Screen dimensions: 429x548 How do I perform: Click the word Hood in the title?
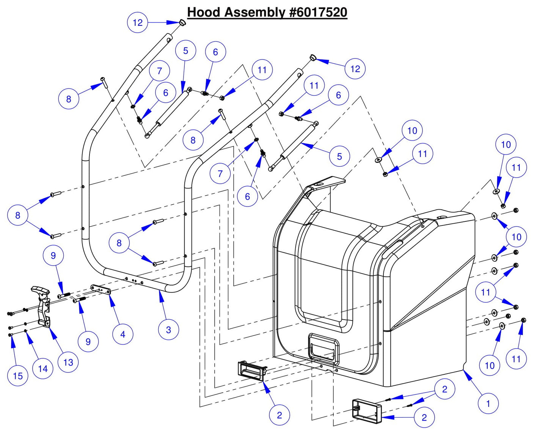point(204,12)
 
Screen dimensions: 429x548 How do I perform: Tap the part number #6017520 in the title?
point(318,12)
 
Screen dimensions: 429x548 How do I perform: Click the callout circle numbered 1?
point(488,404)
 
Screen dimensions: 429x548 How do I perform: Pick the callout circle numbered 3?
point(168,330)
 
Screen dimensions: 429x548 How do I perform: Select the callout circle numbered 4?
point(122,334)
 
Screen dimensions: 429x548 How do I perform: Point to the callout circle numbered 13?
point(68,362)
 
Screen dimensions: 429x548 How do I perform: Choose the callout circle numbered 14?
point(43,369)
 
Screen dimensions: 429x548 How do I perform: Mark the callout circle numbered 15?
point(18,376)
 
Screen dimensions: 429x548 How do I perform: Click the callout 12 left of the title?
point(137,22)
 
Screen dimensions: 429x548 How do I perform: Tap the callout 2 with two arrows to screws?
point(444,389)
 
